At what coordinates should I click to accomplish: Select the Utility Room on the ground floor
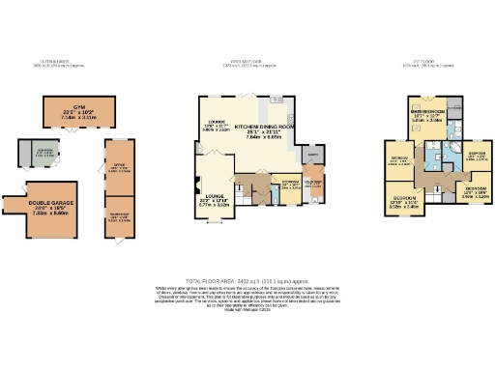tap(313, 183)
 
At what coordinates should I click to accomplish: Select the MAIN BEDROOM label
tap(430, 116)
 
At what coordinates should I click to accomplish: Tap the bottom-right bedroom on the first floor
tap(473, 191)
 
